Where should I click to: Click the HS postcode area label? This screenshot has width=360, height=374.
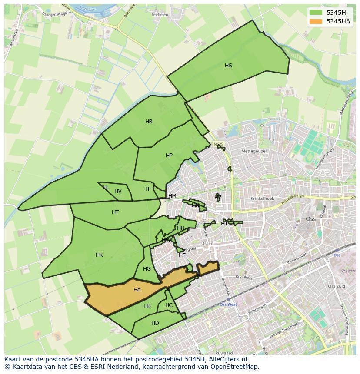click(228, 66)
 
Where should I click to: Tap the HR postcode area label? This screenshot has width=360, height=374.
click(149, 122)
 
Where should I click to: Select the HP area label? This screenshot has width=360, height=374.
click(169, 156)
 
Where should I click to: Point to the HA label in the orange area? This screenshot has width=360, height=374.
click(137, 290)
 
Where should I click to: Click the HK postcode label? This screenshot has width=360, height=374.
click(99, 255)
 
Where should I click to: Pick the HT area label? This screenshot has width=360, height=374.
click(115, 212)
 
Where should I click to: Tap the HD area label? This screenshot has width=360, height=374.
click(155, 323)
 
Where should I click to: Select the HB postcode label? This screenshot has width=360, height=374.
click(147, 306)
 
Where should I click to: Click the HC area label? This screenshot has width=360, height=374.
click(169, 305)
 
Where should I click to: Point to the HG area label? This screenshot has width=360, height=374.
click(147, 269)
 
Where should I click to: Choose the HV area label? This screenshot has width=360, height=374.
click(118, 191)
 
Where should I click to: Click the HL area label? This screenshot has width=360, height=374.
click(106, 187)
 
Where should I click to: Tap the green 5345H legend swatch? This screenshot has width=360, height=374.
click(316, 13)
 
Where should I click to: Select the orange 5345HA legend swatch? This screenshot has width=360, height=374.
click(316, 21)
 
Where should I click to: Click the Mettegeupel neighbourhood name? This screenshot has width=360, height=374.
click(254, 151)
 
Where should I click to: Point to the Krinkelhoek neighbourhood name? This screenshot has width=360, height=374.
click(262, 199)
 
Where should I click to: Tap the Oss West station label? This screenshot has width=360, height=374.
click(228, 304)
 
